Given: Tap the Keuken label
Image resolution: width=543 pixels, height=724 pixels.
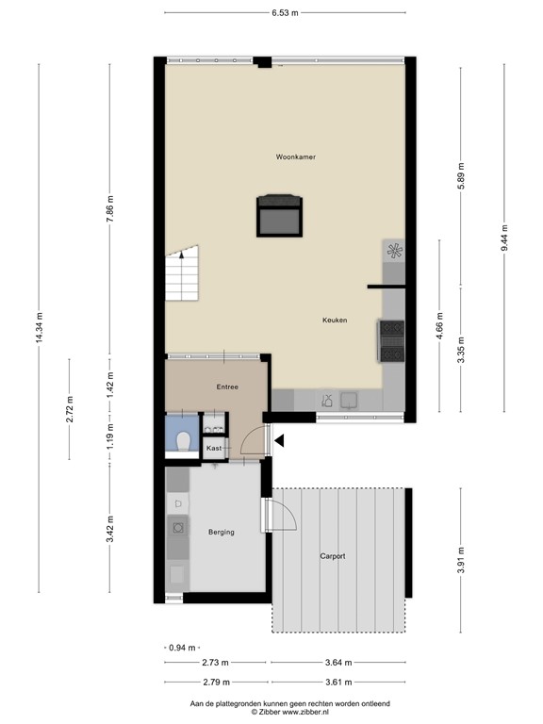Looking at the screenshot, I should (x=334, y=321).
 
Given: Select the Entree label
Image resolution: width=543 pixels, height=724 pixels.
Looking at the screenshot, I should (x=226, y=387).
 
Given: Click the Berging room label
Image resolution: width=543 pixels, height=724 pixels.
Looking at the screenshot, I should (x=221, y=533).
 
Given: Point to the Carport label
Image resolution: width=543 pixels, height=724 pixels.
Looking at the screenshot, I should (x=332, y=556).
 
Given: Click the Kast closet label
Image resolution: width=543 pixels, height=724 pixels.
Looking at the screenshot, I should (x=214, y=449).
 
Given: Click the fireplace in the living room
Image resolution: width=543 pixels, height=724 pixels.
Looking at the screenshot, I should (x=281, y=214).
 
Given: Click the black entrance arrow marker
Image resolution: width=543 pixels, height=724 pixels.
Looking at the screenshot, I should (x=280, y=436).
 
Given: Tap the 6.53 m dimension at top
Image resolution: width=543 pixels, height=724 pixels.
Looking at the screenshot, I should (x=285, y=12).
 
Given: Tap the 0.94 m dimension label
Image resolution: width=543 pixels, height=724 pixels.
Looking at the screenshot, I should (x=182, y=648).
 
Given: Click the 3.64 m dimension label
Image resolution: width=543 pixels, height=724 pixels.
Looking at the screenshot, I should (x=336, y=663).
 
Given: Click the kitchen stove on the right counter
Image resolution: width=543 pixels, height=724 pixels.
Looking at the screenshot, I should (x=392, y=340).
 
